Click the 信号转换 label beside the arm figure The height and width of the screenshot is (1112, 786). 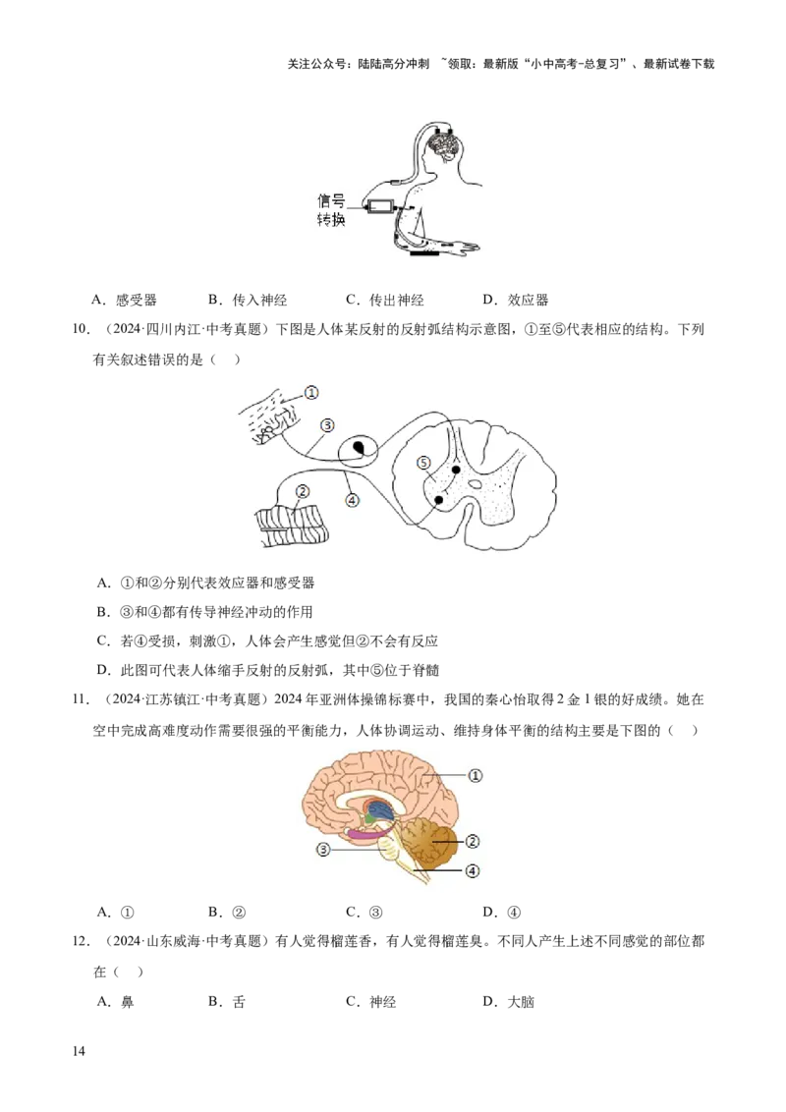point(330,210)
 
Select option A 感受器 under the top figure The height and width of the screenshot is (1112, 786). point(125,300)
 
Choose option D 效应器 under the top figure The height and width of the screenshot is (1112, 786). point(516,300)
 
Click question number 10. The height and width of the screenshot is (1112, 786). point(82,330)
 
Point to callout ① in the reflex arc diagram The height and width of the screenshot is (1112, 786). point(311,392)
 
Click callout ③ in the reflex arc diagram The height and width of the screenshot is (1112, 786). point(327,425)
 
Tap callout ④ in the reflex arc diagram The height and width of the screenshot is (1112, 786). point(352,500)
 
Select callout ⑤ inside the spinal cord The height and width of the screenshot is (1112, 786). point(423,463)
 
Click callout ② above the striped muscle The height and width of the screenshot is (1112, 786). point(303,491)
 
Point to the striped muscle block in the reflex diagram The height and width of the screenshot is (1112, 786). point(293,526)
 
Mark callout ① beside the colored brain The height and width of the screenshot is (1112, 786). point(476,775)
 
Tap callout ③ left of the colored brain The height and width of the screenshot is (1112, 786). point(323,849)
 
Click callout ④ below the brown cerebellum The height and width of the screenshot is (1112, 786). point(473,871)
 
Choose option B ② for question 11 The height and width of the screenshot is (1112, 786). point(227,913)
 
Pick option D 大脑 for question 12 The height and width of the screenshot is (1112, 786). point(509,1002)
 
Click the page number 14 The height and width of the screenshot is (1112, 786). point(79,1051)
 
